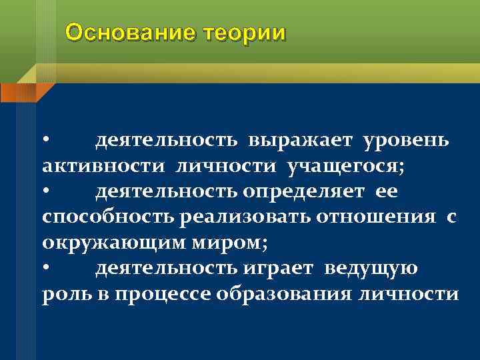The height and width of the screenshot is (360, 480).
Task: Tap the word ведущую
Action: (x=381, y=268)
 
